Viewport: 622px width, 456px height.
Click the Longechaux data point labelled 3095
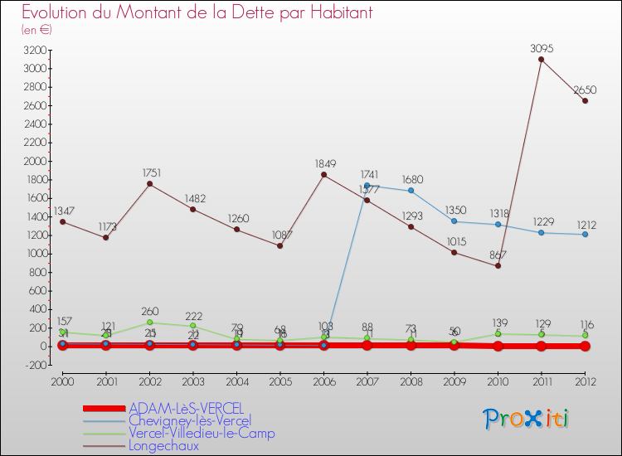[541, 59]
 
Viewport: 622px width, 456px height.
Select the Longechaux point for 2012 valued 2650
[585, 100]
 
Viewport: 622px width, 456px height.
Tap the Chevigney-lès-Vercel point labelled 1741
[367, 185]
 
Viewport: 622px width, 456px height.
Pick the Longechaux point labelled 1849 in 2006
[323, 174]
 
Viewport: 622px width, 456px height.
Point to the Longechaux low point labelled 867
[498, 265]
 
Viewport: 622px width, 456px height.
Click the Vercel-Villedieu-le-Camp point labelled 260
[149, 322]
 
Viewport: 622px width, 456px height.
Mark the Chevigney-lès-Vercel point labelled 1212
[585, 234]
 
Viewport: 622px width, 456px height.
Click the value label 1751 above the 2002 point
[149, 173]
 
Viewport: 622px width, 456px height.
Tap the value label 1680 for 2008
[411, 179]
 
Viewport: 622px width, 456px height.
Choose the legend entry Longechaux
[164, 445]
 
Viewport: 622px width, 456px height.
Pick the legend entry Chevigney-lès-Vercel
[190, 421]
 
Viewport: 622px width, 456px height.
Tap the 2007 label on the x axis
[367, 381]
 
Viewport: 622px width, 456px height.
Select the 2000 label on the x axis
[62, 381]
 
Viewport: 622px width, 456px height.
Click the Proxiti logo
[527, 418]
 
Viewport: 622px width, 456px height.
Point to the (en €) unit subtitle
[37, 30]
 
